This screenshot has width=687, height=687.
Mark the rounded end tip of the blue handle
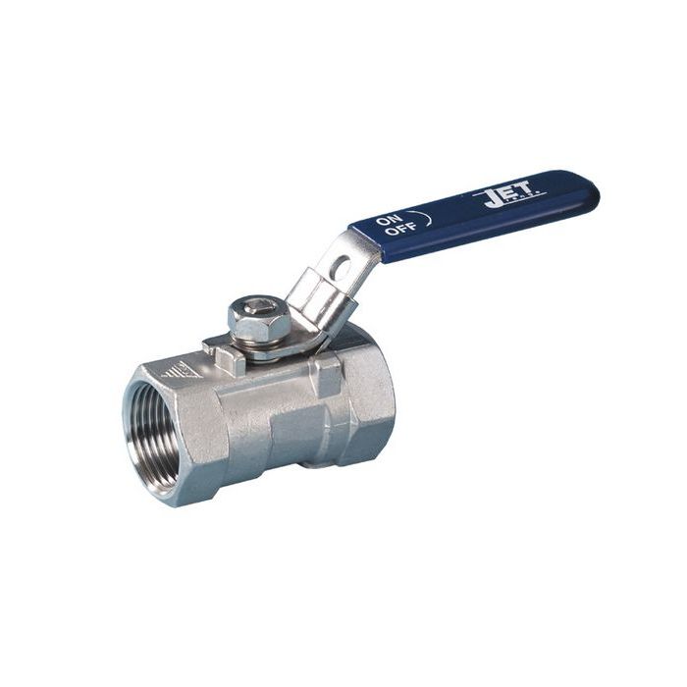(x=589, y=190)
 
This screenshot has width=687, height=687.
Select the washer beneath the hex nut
(x=263, y=337)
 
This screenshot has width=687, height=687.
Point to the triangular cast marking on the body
(x=181, y=370)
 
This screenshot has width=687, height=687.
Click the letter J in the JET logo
(x=490, y=201)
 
